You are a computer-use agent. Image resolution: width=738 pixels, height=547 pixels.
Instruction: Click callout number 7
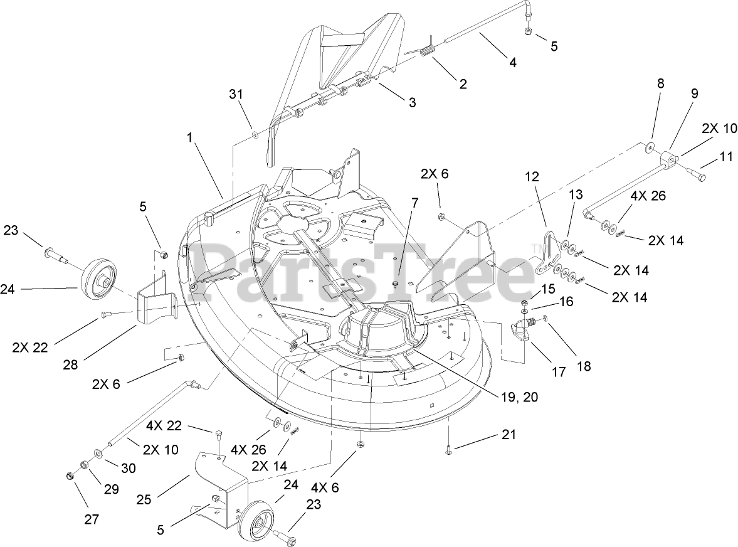[414, 204]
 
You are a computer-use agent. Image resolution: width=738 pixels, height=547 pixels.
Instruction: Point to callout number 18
[583, 366]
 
